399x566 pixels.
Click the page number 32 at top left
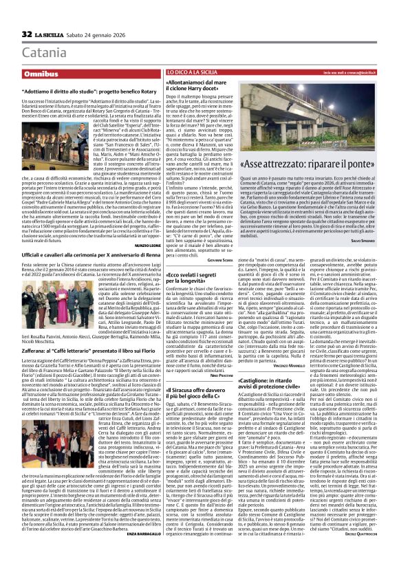[10, 14]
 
